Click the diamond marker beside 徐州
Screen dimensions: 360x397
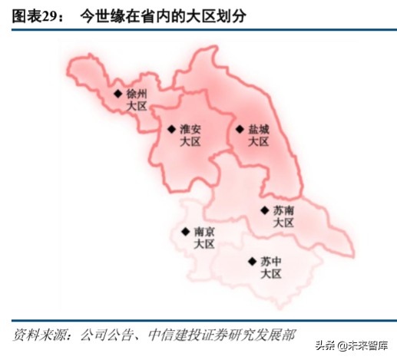click(117, 94)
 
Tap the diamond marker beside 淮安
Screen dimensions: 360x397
click(171, 129)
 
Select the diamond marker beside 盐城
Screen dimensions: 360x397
click(239, 129)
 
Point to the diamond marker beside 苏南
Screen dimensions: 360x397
click(263, 210)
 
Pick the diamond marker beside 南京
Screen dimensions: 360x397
click(184, 231)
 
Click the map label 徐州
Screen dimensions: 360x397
click(137, 94)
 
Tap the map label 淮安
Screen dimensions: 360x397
click(190, 129)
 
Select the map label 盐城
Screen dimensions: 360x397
click(259, 129)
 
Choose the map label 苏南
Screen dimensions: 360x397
click(283, 210)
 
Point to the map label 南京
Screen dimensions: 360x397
click(204, 231)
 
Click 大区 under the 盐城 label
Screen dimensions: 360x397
click(259, 142)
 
